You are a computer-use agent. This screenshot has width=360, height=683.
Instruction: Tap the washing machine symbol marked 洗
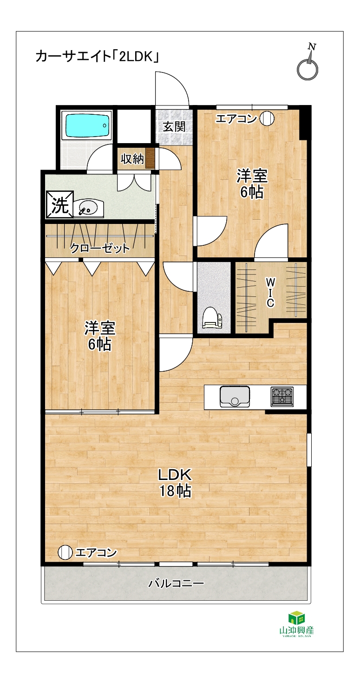[60, 204]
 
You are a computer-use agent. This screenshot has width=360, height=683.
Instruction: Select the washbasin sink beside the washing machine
[89, 209]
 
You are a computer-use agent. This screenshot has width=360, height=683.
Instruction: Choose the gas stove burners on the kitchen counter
[282, 396]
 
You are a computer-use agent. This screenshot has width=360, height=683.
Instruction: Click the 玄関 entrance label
[174, 126]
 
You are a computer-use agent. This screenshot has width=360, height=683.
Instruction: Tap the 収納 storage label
[132, 158]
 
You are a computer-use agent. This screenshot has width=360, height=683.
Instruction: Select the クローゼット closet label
[100, 249]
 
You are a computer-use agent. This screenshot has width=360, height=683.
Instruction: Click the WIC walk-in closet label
[270, 293]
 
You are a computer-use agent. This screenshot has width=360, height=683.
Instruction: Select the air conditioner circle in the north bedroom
[267, 118]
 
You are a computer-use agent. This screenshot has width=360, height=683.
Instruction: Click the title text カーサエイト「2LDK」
[98, 57]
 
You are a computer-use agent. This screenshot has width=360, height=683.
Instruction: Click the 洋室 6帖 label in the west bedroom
[100, 336]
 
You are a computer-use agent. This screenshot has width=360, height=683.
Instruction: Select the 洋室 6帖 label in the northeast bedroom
[252, 184]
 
